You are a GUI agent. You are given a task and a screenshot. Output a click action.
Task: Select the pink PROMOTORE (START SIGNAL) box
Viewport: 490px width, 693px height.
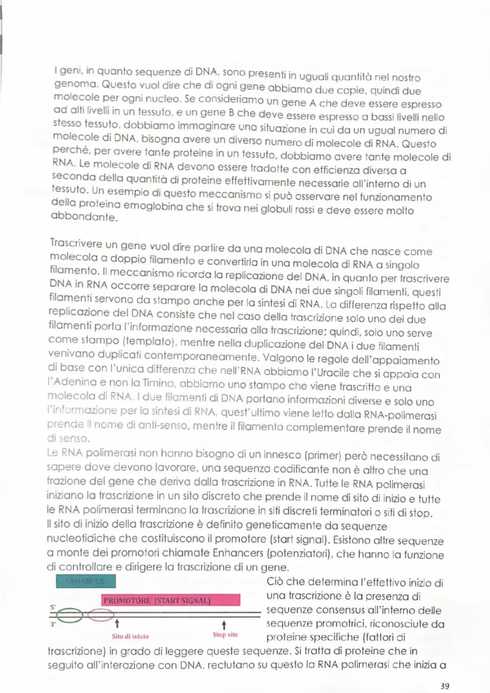pos(171,599)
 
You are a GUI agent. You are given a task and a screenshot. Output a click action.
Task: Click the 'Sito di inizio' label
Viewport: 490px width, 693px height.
pos(130,637)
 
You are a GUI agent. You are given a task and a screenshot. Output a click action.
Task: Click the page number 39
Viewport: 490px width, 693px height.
pos(444,685)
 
